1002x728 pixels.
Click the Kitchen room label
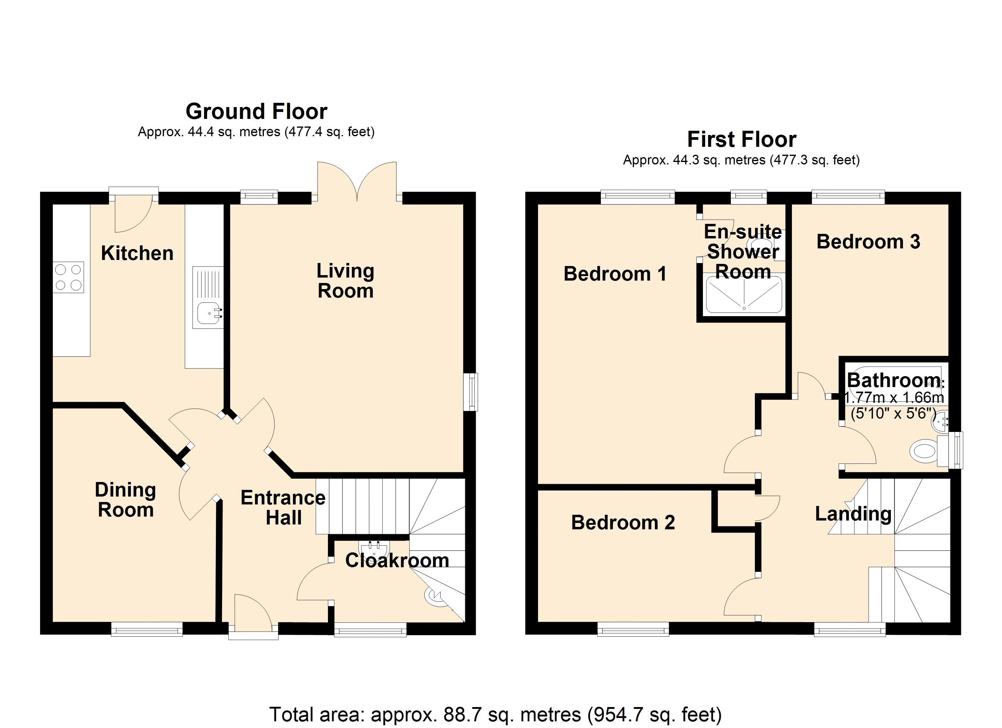[x=137, y=253]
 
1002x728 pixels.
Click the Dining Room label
[x=125, y=500]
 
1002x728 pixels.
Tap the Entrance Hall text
[x=283, y=508]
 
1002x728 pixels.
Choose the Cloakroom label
[x=397, y=560]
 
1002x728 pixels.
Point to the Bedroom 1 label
[x=615, y=274]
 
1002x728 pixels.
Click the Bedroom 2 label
[x=623, y=522]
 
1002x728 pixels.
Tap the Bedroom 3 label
[x=868, y=241]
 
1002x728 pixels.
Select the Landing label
[x=853, y=514]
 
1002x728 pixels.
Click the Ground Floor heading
[x=257, y=111]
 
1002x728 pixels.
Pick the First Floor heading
[x=742, y=140]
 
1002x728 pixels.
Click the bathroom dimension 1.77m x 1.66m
[x=894, y=398]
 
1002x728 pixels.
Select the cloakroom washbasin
[x=374, y=549]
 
